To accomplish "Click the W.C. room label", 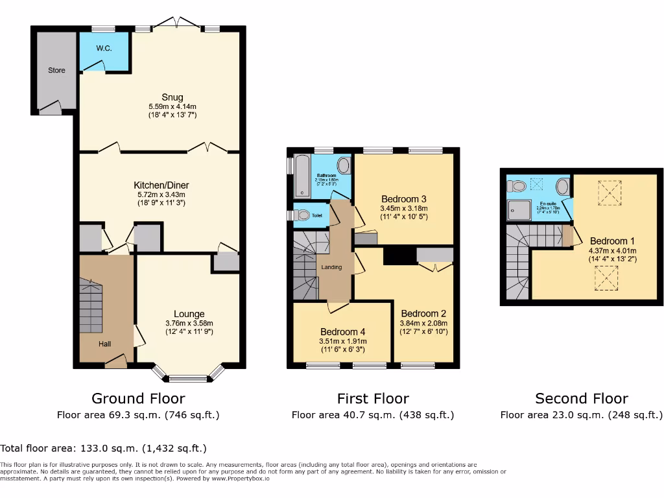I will [104, 47].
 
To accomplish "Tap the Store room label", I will [56, 70].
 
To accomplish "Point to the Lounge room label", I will [189, 314].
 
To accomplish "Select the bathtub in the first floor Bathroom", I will [302, 176].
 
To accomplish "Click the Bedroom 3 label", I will [403, 199].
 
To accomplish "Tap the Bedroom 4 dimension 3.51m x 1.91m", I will [342, 341].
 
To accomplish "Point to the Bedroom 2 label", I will [423, 313].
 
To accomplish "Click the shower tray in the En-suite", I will [519, 207].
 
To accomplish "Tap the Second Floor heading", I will [582, 398].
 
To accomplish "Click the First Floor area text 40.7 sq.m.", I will [372, 415].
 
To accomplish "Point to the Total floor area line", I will [104, 448].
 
